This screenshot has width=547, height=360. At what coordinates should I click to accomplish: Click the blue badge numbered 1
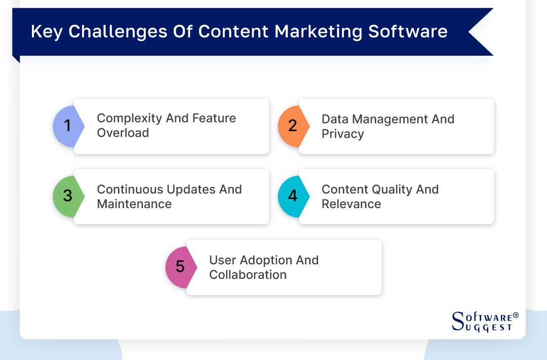66,126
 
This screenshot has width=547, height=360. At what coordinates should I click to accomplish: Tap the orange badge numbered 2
291,126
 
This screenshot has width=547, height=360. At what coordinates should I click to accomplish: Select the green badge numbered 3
66,196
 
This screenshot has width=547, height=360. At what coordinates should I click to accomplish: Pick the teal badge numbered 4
291,196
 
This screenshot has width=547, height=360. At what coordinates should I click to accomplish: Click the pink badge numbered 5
179,267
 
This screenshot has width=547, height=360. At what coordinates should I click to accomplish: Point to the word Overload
123,133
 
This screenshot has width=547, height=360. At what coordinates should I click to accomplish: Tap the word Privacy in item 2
342,134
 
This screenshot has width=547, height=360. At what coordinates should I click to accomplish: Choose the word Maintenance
134,204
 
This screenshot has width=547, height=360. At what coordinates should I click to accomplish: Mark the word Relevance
351,204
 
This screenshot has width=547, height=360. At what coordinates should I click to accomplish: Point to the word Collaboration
248,275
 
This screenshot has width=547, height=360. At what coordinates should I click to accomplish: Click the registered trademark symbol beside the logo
516,315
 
